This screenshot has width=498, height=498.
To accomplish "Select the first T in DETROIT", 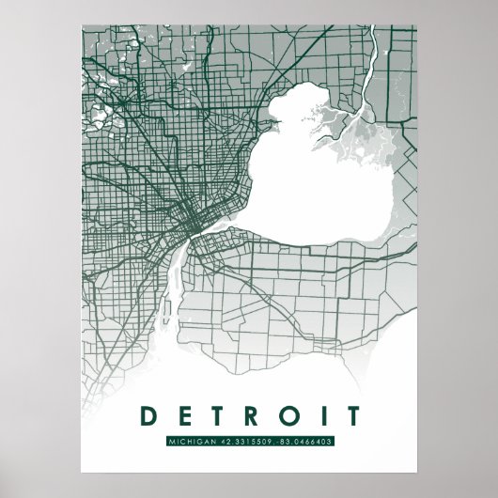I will point(210,413).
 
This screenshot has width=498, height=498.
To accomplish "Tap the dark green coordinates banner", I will point(248,441).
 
